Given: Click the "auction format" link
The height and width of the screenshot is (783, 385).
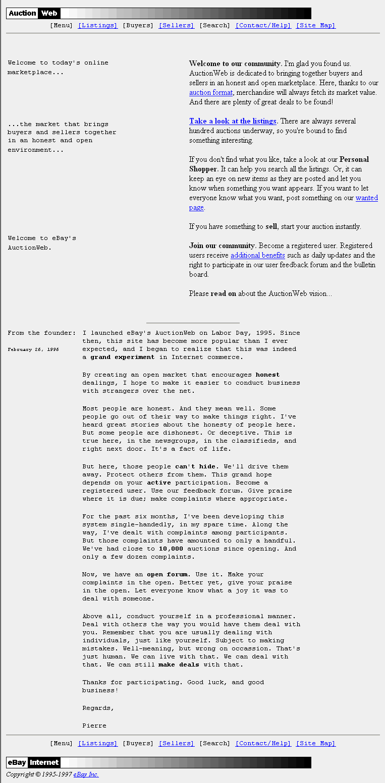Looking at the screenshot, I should point(211,93).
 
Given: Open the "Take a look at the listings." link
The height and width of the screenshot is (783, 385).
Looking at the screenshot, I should point(233,121).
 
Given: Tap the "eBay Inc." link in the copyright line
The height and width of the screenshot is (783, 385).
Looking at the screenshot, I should point(86,774).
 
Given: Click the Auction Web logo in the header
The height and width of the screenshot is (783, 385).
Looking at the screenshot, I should point(33,14).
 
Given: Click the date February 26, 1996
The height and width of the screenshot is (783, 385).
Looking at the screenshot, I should point(33,349).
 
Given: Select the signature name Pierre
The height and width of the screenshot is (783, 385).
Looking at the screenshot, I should point(94,726).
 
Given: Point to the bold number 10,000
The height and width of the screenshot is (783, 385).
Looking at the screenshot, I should point(171,549).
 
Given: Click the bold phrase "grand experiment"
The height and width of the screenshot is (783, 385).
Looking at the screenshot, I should point(122,357).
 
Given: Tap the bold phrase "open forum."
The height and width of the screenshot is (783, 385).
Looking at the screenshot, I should point(169,574).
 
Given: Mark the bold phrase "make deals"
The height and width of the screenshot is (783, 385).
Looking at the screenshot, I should point(179,665).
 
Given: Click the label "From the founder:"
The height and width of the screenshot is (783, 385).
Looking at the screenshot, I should point(42,333).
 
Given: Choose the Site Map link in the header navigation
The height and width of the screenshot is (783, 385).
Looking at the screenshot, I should point(315,25).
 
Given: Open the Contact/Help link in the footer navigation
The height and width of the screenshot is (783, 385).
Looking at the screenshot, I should point(263,743).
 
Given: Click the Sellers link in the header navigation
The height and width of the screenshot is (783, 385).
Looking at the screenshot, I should point(176,25).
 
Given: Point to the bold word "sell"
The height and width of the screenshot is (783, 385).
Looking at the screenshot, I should point(271,227).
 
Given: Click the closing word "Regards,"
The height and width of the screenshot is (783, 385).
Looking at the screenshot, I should point(98,708).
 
